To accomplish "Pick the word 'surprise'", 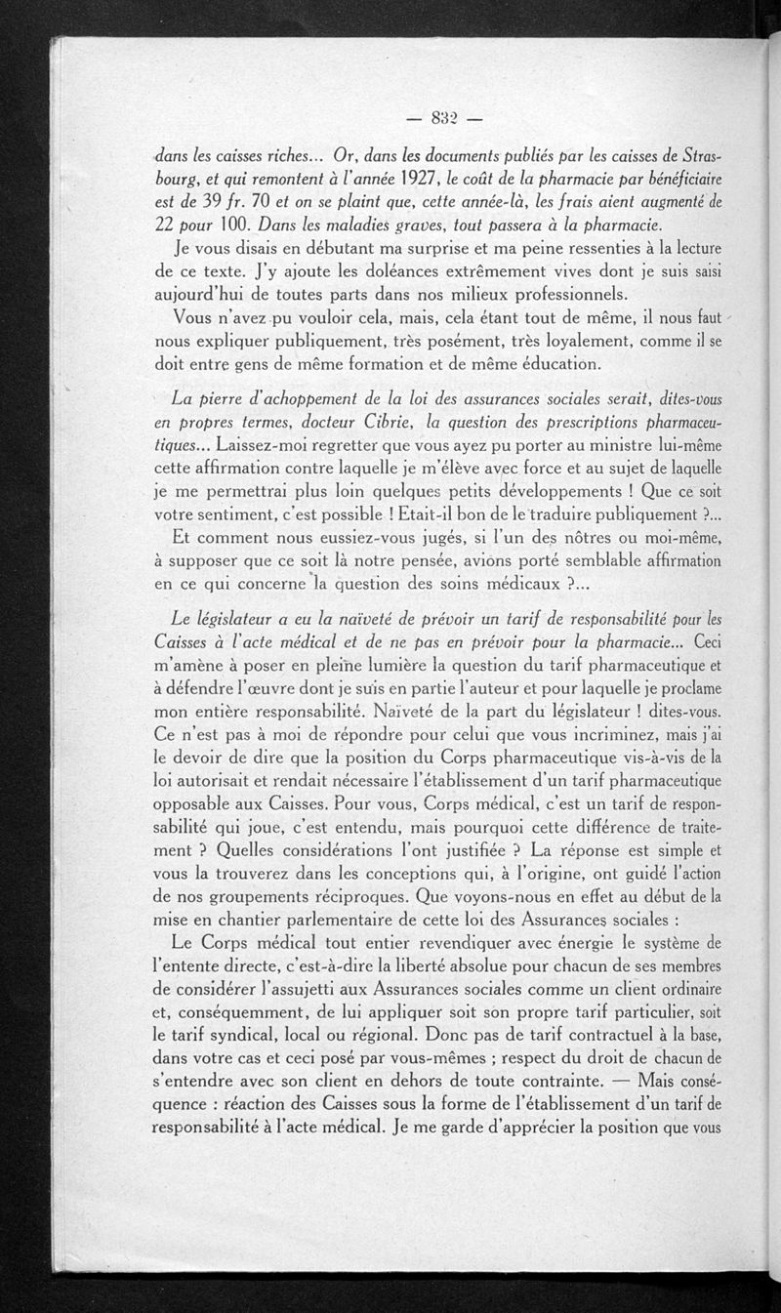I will (x=420, y=249).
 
